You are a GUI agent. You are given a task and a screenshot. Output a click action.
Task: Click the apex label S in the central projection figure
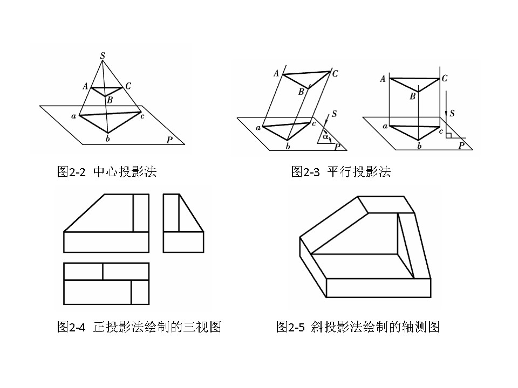tap(103, 55)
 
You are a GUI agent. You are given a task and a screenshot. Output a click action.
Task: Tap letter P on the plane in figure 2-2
tap(169, 140)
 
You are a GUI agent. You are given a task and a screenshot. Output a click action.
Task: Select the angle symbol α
tap(325, 136)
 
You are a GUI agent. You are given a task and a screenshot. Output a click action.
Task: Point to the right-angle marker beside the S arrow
tap(448, 134)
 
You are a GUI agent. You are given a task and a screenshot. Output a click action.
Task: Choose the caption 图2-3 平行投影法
tap(340, 172)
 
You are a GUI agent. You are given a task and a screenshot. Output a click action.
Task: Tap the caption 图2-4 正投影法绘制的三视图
tap(139, 327)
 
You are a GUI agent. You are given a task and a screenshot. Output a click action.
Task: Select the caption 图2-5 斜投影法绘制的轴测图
tap(358, 327)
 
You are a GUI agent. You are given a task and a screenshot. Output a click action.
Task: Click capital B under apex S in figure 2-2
tap(110, 100)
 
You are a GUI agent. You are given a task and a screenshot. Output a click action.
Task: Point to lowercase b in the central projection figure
tap(108, 139)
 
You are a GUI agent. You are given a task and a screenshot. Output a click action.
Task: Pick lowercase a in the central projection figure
tap(73, 116)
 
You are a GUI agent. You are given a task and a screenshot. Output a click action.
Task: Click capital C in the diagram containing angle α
tap(335, 74)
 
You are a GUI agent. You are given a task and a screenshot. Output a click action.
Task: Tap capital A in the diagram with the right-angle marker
tap(383, 79)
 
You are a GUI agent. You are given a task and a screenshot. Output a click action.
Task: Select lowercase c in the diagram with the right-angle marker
tap(441, 131)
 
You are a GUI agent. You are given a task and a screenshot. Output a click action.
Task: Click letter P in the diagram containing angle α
tap(338, 146)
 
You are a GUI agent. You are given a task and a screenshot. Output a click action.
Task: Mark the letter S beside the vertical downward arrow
tap(452, 113)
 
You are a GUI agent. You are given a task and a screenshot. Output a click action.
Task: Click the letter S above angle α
tap(335, 114)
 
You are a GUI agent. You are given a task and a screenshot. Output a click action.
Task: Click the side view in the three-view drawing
tap(183, 223)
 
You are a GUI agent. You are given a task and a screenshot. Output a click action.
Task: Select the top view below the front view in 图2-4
tap(106, 284)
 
